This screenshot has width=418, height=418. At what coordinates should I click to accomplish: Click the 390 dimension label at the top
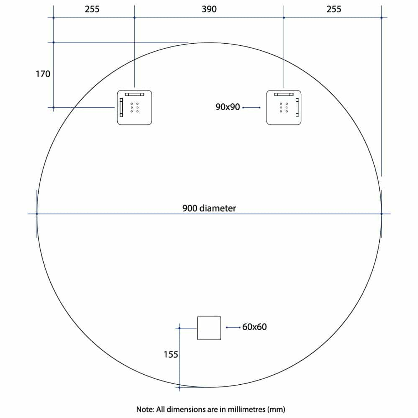(209, 9)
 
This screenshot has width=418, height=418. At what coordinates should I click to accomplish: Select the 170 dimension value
(43, 74)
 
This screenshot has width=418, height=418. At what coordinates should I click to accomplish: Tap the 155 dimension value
(171, 354)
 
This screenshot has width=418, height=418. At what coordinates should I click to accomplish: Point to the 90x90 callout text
(228, 107)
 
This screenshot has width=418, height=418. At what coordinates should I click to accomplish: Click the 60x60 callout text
(255, 327)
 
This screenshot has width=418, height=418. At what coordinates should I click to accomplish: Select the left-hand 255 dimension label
(92, 9)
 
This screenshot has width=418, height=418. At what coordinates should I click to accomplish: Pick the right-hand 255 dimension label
(334, 9)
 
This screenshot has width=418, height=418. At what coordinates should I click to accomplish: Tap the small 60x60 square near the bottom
(209, 328)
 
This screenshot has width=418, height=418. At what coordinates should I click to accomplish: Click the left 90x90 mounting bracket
(134, 107)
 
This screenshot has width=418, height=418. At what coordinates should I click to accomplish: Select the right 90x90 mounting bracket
(284, 107)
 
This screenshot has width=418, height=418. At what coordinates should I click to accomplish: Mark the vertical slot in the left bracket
(121, 107)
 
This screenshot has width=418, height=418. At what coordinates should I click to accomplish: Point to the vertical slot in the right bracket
(297, 107)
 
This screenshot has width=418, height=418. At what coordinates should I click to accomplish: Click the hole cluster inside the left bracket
(135, 108)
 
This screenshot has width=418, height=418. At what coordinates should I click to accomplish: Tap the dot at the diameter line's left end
(37, 214)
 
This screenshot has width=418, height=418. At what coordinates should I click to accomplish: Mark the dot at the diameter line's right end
(382, 214)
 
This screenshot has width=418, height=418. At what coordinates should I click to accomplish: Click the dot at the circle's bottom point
(180, 387)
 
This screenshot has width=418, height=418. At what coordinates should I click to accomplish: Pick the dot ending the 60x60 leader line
(227, 327)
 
